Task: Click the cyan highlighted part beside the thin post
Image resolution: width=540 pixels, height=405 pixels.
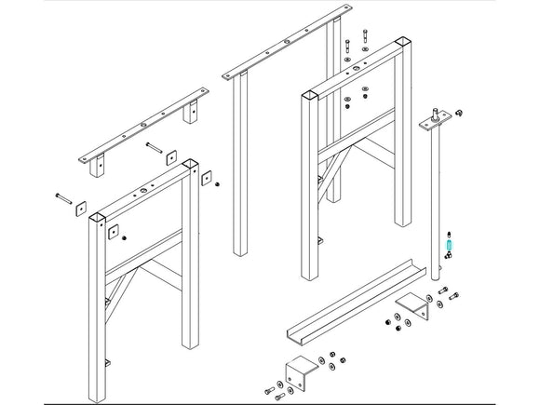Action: pyautogui.click(x=450, y=246)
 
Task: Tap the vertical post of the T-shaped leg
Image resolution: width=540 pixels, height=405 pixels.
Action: pyautogui.click(x=240, y=168)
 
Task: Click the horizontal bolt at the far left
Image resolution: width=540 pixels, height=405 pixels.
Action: pyautogui.click(x=62, y=196)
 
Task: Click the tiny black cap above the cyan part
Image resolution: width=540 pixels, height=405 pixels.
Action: pyautogui.click(x=450, y=232)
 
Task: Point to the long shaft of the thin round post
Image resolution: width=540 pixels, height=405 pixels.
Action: pyautogui.click(x=434, y=196)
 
